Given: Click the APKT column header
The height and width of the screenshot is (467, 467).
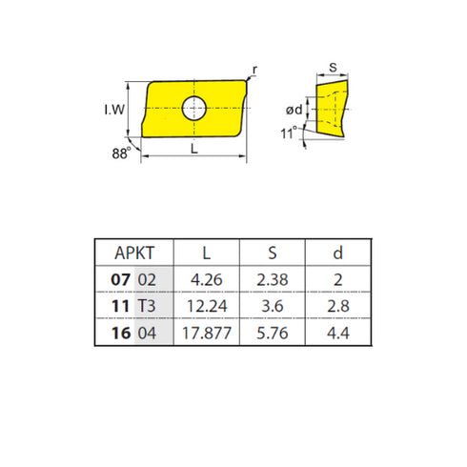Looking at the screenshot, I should click(134, 254).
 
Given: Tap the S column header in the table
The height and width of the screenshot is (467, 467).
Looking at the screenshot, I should click(271, 254).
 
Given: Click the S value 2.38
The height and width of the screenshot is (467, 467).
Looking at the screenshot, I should click(271, 280).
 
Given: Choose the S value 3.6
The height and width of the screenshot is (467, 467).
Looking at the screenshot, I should click(271, 307).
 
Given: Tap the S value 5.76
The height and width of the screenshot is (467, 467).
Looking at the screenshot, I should click(271, 334).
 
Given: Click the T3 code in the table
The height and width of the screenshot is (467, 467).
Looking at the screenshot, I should click(148, 307).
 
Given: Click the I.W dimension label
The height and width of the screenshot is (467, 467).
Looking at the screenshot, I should click(112, 110).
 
